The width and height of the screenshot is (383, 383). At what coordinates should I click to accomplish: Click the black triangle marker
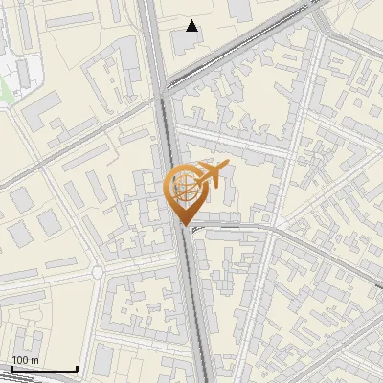[x=192, y=26]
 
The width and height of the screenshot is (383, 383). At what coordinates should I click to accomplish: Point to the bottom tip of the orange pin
[x=185, y=225]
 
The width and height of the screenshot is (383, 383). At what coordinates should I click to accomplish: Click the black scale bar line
[x=43, y=369]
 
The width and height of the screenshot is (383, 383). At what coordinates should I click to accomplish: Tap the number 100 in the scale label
[x=18, y=360]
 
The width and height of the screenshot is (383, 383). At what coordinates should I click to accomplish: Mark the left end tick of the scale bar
[x=11, y=367]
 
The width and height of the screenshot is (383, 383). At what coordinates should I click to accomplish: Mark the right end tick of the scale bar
[x=77, y=367]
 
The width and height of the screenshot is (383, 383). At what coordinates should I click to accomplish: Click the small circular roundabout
[x=97, y=273]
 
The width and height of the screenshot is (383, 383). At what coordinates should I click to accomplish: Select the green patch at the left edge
[x=3, y=91]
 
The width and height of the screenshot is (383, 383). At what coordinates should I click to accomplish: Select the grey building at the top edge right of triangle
[x=240, y=10]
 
